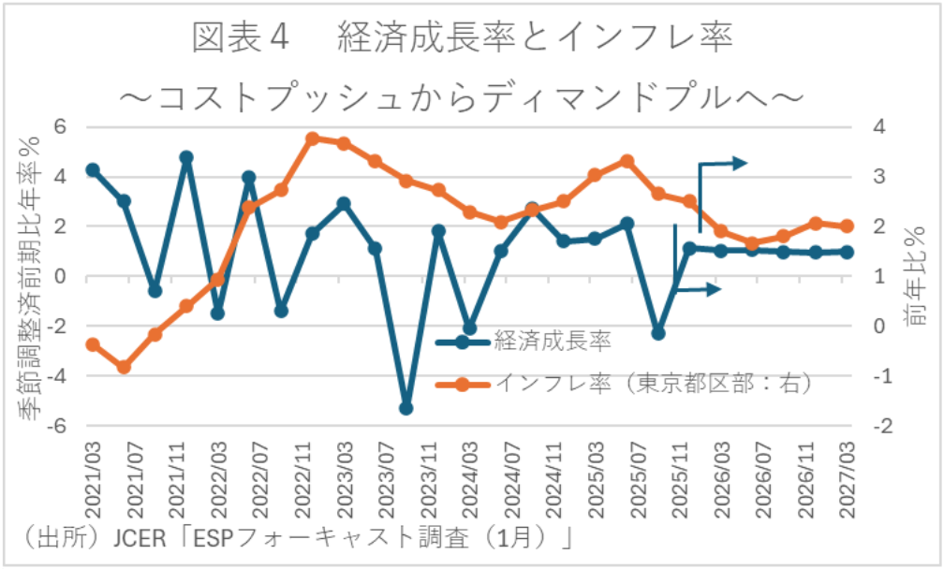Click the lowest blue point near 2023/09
[x=406, y=408]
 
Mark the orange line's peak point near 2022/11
[x=313, y=139]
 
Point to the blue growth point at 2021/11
[x=186, y=157]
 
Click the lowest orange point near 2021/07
[x=124, y=367]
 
